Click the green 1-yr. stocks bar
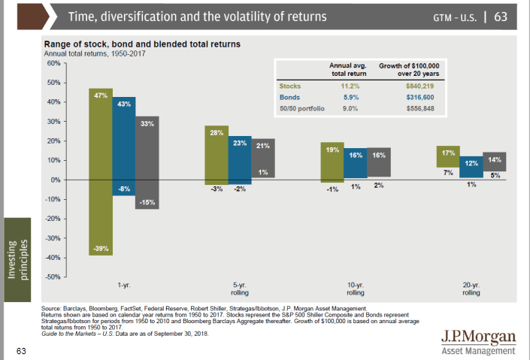(100, 173)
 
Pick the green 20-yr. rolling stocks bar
(448, 156)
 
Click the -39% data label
(100, 248)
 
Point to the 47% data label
(100, 95)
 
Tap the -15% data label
(148, 201)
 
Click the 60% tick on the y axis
(53, 63)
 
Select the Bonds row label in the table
(289, 98)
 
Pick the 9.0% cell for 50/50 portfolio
(342, 109)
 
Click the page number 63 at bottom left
(22, 349)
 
